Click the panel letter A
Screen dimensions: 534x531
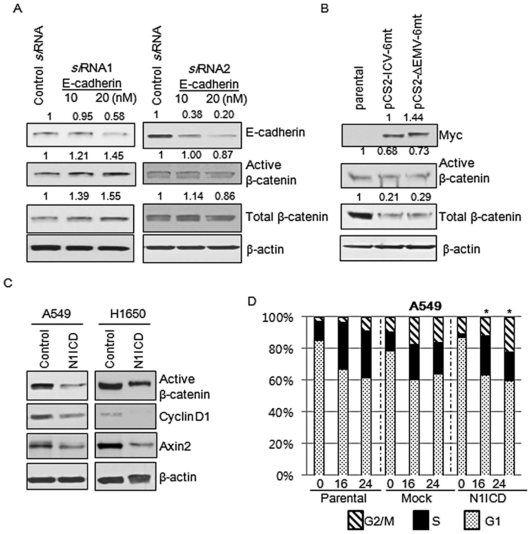[18, 9]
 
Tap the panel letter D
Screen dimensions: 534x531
[252, 301]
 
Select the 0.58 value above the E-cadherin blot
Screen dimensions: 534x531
[114, 116]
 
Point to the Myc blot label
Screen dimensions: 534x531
[451, 135]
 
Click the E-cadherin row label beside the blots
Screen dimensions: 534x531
[275, 132]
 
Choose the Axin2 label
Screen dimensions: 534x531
[175, 446]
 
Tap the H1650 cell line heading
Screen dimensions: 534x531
[128, 314]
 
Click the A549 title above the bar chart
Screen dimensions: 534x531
[425, 306]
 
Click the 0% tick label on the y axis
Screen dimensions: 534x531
[285, 476]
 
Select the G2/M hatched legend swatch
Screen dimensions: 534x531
[356, 520]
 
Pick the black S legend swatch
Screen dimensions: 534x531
[421, 520]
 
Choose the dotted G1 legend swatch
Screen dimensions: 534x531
[472, 520]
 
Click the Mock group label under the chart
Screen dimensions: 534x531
[416, 499]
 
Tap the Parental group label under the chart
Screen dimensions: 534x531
[343, 498]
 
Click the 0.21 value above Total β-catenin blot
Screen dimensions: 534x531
[389, 197]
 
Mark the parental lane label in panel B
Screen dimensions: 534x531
[360, 88]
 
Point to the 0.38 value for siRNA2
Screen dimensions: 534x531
[192, 115]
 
